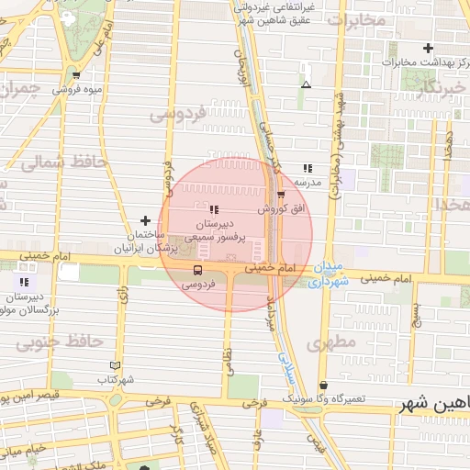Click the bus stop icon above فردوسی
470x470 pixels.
click(x=197, y=270)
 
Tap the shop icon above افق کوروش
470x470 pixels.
click(x=281, y=194)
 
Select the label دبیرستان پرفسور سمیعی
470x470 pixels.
click(x=218, y=229)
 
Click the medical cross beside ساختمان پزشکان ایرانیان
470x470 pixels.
click(x=145, y=220)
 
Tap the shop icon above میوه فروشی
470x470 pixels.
click(x=75, y=75)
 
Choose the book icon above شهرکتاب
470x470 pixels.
click(x=114, y=364)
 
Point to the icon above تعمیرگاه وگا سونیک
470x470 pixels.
click(x=322, y=386)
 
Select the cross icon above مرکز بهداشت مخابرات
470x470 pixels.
click(x=428, y=48)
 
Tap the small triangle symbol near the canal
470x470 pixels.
click(x=306, y=85)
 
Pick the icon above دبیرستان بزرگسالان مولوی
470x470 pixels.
click(x=24, y=282)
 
